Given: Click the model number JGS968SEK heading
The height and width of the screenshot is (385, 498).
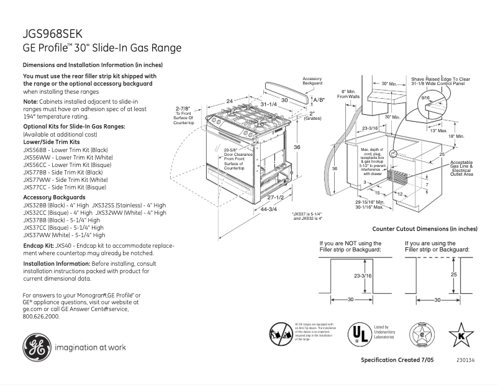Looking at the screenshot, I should click(x=52, y=34).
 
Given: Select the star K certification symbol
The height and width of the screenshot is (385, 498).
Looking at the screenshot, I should click(x=460, y=335).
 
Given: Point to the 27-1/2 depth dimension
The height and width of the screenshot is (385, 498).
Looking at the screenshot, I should click(x=275, y=197).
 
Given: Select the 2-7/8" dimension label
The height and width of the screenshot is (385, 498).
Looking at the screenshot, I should click(x=183, y=108).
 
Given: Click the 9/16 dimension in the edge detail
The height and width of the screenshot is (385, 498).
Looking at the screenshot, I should click(x=425, y=98).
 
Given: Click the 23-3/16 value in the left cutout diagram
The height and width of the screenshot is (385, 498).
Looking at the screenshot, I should click(x=363, y=275).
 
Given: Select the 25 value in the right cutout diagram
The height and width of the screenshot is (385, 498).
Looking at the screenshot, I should click(x=454, y=274).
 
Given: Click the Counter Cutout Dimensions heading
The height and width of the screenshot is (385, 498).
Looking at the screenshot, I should click(x=433, y=229).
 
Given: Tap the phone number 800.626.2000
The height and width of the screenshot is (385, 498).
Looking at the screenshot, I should click(x=41, y=316).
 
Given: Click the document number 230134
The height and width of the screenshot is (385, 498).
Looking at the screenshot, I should click(x=463, y=361).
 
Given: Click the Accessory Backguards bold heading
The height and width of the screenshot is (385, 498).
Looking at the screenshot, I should click(x=54, y=197).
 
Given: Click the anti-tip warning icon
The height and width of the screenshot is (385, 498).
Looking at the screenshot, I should click(x=281, y=334).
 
